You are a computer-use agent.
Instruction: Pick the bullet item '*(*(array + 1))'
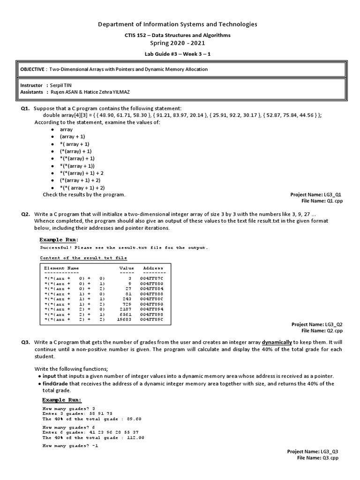click(77, 166)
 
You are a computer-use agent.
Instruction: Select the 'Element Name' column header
click(61, 268)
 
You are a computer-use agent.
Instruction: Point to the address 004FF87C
click(153, 278)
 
